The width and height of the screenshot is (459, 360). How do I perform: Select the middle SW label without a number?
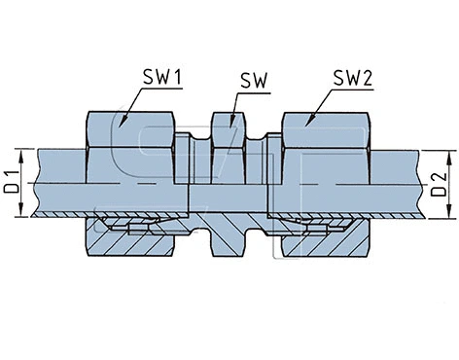click(x=254, y=77)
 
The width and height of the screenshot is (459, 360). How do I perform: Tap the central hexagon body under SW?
click(x=228, y=146)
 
